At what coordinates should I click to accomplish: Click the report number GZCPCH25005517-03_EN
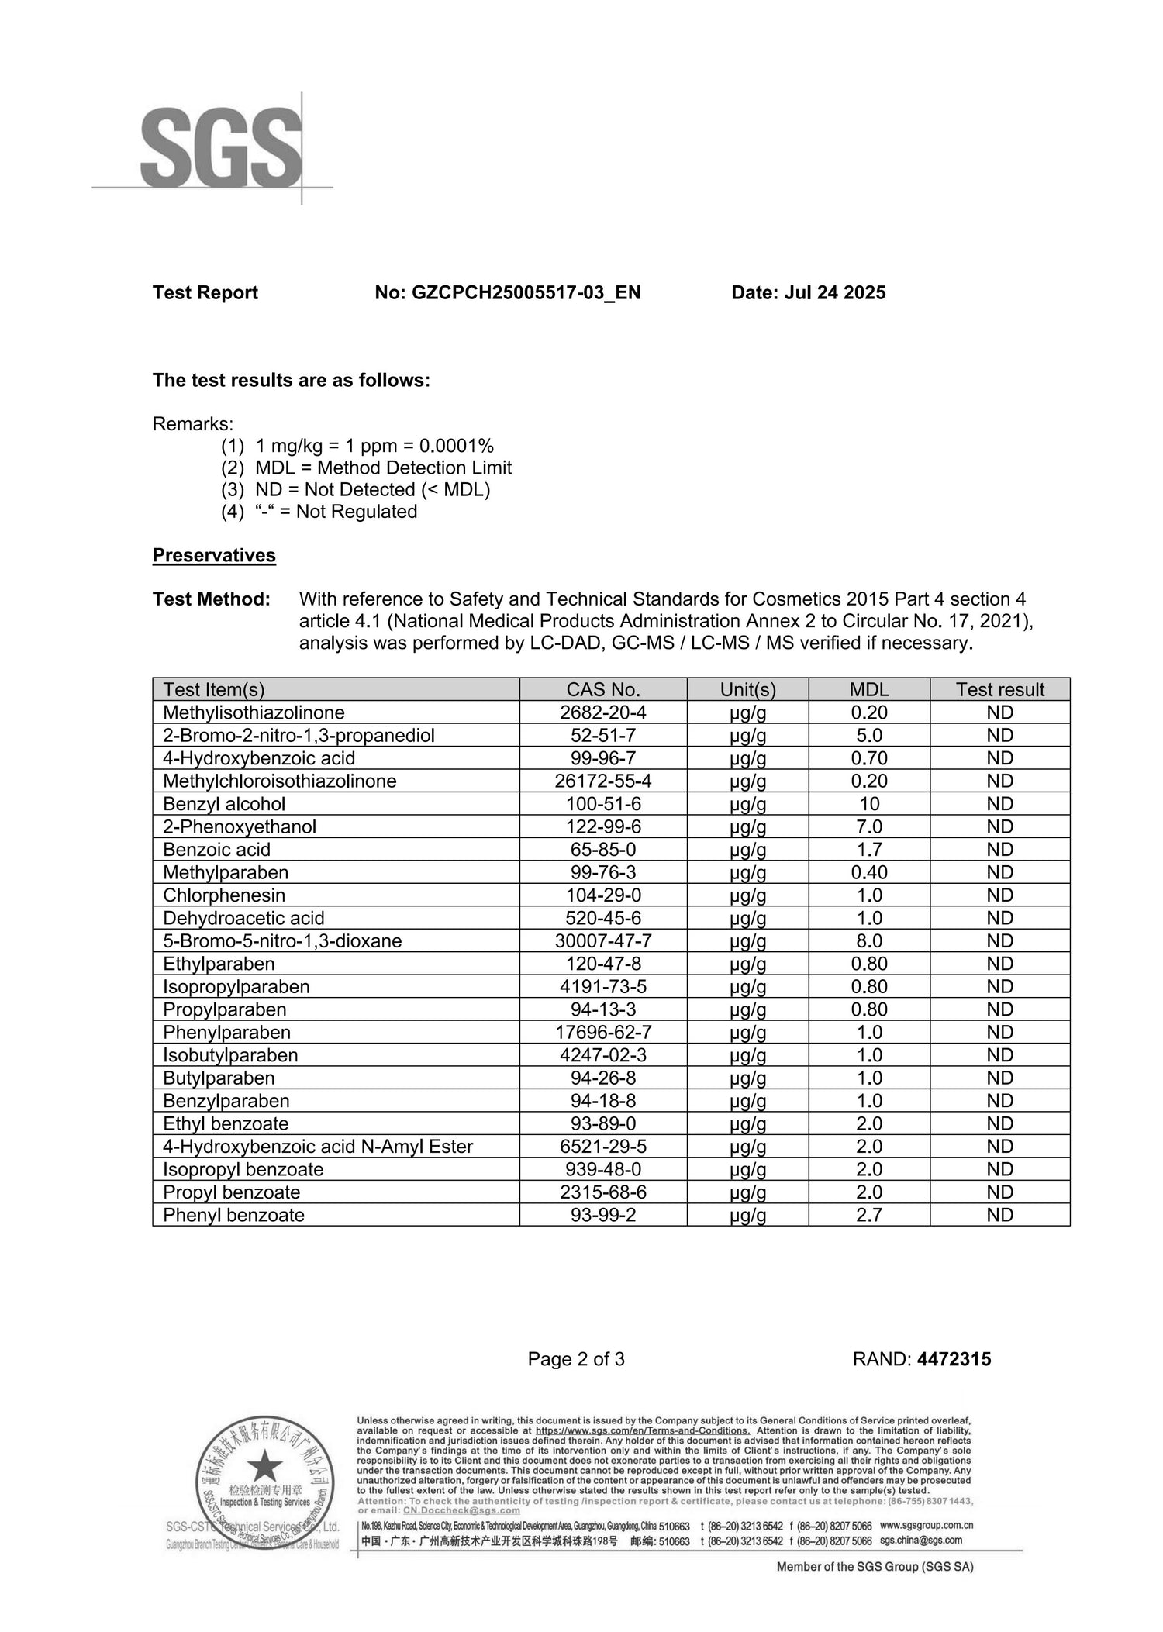507,292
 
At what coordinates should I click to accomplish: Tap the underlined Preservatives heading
214,555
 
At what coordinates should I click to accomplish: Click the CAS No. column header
603,689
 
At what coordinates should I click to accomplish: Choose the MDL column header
869,689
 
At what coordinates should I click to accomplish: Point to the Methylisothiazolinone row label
254,712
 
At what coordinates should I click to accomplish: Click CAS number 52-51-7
603,735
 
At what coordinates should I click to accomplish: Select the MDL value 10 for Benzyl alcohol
869,804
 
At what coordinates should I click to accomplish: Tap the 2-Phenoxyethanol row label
240,826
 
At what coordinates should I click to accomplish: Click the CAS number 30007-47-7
603,940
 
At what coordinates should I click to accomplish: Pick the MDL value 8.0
869,940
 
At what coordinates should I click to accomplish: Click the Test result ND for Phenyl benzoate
1000,1215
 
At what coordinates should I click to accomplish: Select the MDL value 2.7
869,1215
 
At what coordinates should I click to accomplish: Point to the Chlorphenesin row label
224,895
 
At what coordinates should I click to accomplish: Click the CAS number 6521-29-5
603,1147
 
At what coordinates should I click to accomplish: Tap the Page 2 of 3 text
576,1359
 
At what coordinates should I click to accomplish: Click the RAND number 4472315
954,1359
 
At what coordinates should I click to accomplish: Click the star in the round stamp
265,1465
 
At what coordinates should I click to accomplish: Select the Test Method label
211,599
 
